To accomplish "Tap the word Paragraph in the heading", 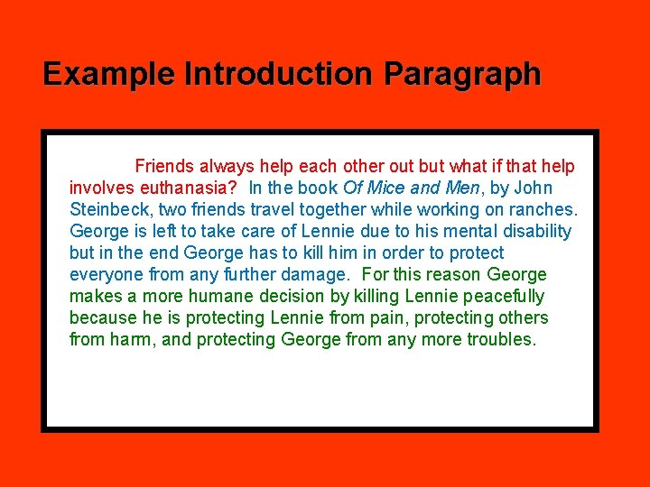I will pyautogui.click(x=462, y=74).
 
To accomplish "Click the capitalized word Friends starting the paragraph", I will pyautogui.click(x=163, y=167).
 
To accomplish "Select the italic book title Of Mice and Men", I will pyautogui.click(x=412, y=188).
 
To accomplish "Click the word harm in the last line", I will pyautogui.click(x=133, y=340).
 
